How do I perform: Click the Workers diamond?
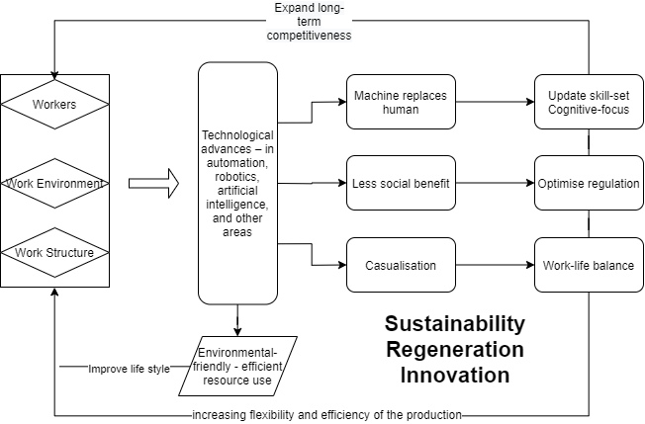click(54, 103)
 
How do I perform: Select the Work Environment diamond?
click(54, 183)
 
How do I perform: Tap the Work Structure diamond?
click(54, 253)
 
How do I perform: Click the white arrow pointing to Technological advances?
click(153, 183)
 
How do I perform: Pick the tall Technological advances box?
click(237, 183)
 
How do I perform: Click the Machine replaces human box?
click(401, 102)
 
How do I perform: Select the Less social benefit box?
click(401, 183)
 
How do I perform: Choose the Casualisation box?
click(401, 265)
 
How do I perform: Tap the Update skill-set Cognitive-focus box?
click(588, 102)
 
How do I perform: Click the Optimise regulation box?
click(588, 183)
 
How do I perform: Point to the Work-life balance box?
click(588, 265)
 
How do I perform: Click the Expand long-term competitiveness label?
click(311, 22)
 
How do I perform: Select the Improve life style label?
click(129, 370)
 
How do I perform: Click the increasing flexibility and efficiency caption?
click(326, 414)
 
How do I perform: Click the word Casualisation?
click(401, 265)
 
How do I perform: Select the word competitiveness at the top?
click(311, 35)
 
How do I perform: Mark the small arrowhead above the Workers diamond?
click(54, 76)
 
